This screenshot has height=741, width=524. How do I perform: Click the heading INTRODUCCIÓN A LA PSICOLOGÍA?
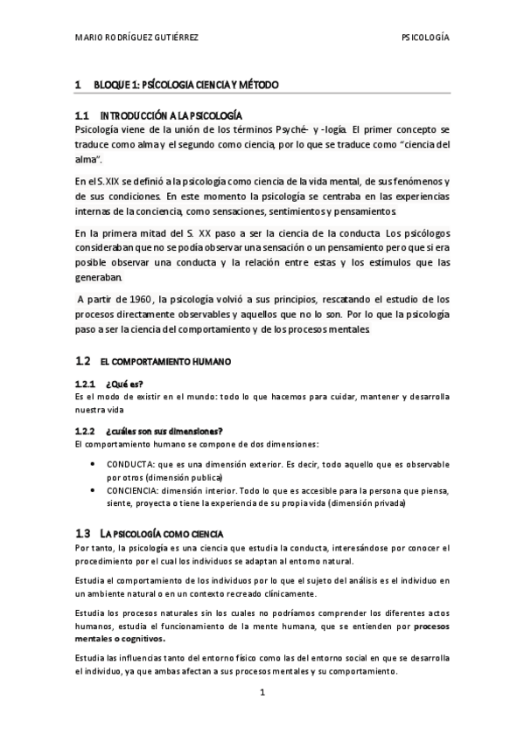pos(171,116)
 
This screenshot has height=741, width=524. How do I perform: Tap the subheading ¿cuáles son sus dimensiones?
pos(164,430)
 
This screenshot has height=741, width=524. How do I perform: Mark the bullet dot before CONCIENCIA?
pos(94,490)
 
